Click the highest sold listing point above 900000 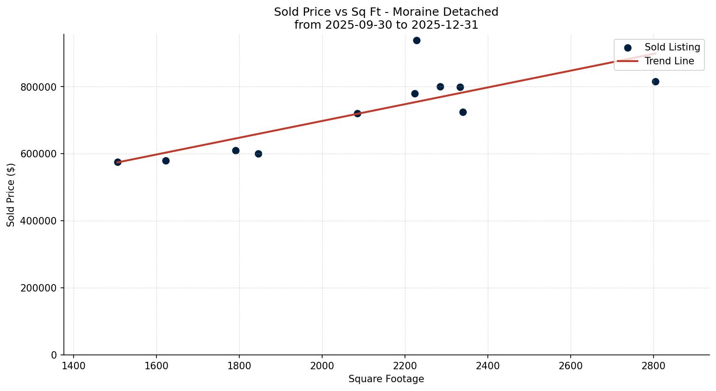point(417,40)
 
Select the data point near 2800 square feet point(655,81)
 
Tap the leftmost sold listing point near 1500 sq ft point(118,162)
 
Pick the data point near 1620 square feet point(166,161)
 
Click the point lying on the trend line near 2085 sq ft point(357,113)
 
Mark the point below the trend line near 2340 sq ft point(463,112)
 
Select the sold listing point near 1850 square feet point(258,154)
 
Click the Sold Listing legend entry point(672,47)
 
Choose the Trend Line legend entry point(669,61)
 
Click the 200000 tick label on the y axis point(38,288)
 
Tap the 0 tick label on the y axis point(54,355)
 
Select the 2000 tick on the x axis point(322,366)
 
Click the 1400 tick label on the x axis point(74,366)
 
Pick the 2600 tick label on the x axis point(571,366)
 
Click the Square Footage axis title point(386,379)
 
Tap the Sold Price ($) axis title point(11,195)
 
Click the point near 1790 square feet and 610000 point(236,150)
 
